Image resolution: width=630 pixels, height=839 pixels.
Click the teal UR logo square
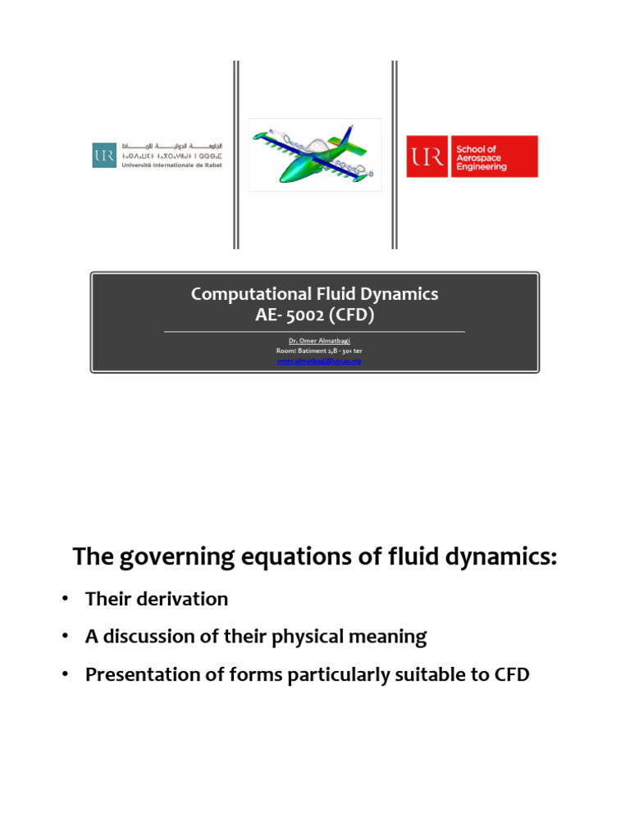pyautogui.click(x=104, y=155)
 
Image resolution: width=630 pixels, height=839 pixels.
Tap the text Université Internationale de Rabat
pyautogui.click(x=171, y=164)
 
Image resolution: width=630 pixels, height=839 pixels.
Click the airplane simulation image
pyautogui.click(x=315, y=155)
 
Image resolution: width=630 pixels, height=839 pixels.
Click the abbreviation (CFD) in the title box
pyautogui.click(x=351, y=314)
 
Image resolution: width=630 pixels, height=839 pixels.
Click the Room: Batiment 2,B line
pyautogui.click(x=314, y=351)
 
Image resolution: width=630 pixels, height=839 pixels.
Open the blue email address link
pyautogui.click(x=314, y=360)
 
